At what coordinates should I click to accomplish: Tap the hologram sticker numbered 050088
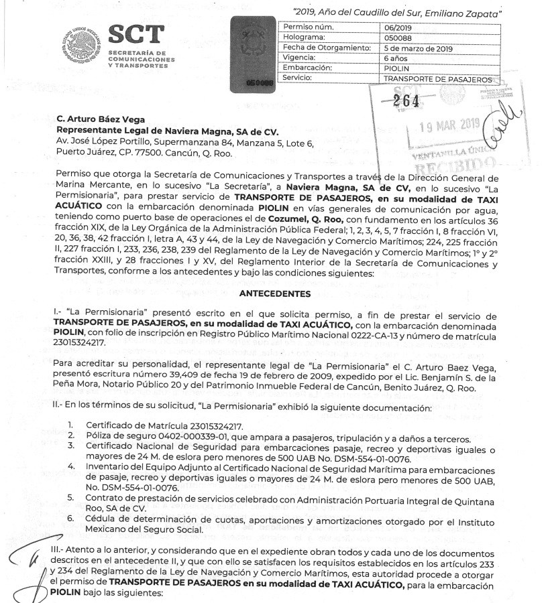pyautogui.click(x=252, y=54)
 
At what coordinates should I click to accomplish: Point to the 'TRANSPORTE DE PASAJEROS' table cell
pyautogui.click(x=438, y=78)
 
